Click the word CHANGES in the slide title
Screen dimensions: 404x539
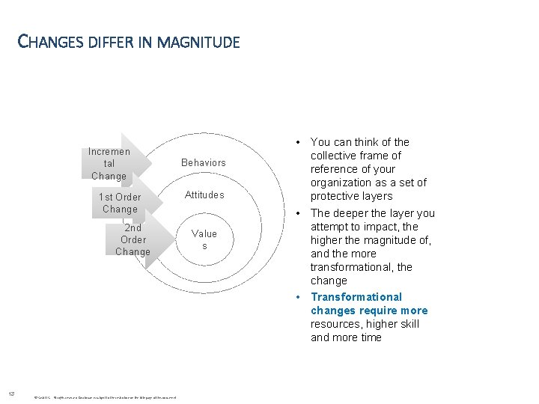49,42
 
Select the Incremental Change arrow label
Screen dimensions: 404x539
109,164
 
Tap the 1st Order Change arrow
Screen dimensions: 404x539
120,203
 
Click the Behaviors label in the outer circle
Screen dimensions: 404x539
203,162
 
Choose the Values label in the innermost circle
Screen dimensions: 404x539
203,239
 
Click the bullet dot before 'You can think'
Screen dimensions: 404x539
298,142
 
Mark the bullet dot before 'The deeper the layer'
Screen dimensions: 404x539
298,213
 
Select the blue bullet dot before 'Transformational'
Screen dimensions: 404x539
298,297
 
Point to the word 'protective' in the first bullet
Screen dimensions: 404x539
336,196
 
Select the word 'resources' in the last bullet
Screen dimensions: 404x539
335,324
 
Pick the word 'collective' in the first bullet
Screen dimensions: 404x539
335,156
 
